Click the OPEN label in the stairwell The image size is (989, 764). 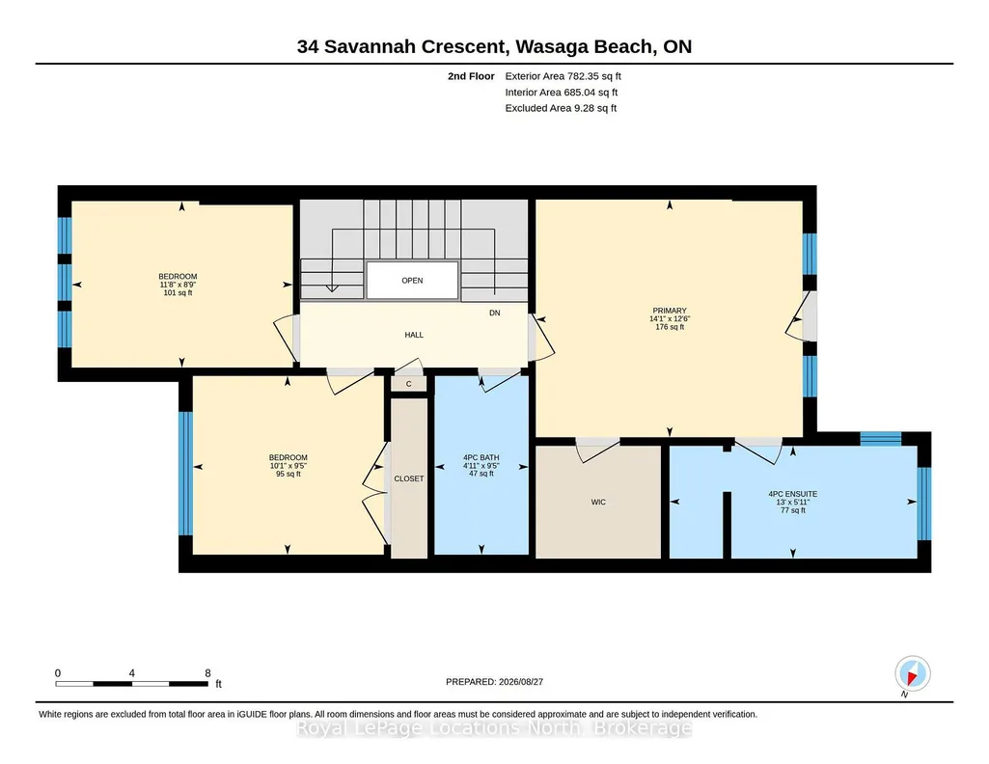click(412, 281)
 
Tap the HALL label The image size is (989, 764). click(414, 335)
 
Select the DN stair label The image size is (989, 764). click(494, 313)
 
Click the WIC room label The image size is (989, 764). click(598, 502)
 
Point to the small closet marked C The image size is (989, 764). click(409, 384)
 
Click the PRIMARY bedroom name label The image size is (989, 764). click(670, 311)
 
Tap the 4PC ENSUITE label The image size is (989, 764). click(793, 494)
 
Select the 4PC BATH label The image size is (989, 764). click(481, 457)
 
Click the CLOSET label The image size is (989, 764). click(409, 478)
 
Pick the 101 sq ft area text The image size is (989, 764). click(178, 292)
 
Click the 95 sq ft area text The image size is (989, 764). click(288, 474)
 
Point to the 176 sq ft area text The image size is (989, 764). click(670, 326)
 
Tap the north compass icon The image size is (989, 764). click(912, 674)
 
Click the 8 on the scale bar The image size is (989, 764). click(207, 673)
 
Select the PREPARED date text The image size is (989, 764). click(494, 681)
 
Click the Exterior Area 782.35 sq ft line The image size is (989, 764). click(563, 76)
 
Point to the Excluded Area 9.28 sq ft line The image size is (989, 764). click(561, 108)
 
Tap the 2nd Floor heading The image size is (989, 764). click(471, 76)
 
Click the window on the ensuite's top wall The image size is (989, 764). click(881, 439)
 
